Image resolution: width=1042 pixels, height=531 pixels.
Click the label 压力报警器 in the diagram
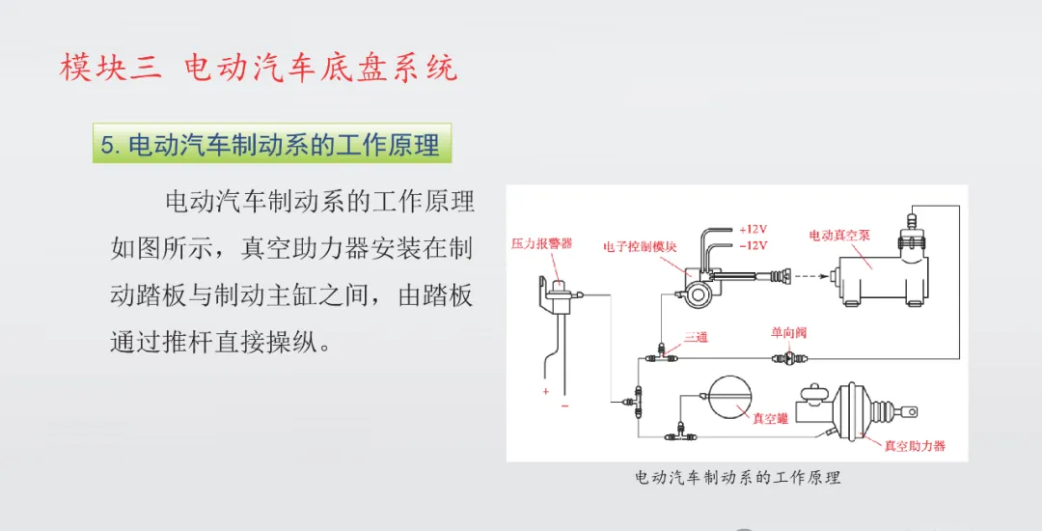(x=541, y=244)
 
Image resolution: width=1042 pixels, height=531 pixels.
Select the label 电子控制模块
(x=640, y=247)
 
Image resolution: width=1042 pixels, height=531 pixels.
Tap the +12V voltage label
(x=753, y=230)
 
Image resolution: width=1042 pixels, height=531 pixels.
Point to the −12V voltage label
(x=753, y=245)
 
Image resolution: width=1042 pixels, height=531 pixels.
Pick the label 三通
(x=696, y=335)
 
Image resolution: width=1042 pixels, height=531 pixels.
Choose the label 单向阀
(x=788, y=333)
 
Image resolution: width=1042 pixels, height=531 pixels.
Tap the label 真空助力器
(x=915, y=446)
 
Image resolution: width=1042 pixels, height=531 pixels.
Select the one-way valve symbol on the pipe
(x=784, y=357)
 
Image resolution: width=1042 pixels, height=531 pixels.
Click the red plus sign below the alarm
(x=545, y=391)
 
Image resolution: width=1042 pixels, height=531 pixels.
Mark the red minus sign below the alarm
(x=564, y=405)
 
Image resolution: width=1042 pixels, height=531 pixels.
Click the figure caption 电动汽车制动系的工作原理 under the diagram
(x=737, y=478)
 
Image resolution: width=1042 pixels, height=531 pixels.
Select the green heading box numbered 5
(x=272, y=144)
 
